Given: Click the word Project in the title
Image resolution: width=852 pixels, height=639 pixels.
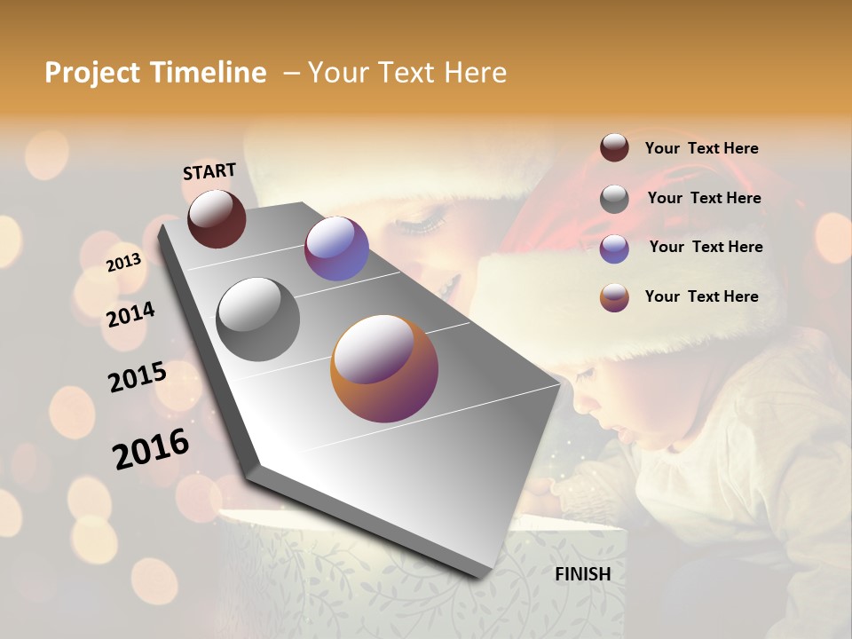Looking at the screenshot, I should click(x=91, y=73).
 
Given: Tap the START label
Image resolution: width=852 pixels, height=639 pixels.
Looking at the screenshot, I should click(x=209, y=171).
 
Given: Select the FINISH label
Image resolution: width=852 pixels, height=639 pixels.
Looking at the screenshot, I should click(x=583, y=574).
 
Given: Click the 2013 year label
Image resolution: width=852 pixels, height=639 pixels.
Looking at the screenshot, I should click(x=124, y=263).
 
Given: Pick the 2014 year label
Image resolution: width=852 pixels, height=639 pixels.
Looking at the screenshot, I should click(x=131, y=314).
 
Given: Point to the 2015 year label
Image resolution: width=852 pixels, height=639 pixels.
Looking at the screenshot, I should click(x=138, y=377).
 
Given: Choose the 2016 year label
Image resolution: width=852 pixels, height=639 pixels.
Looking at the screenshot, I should click(x=151, y=449).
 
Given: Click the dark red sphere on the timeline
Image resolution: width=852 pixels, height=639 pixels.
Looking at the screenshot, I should click(x=217, y=218).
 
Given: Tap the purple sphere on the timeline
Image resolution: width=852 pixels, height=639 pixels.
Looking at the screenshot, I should click(x=336, y=248).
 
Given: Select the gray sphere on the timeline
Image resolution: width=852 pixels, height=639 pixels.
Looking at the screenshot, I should click(x=258, y=319).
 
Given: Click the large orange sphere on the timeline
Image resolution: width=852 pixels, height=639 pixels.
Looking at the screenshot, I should click(x=384, y=368).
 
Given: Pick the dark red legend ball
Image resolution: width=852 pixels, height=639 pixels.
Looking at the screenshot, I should click(x=614, y=148).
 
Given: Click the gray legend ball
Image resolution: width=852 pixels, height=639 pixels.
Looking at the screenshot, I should click(x=614, y=198).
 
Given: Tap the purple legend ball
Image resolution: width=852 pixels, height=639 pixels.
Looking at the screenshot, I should click(x=614, y=248).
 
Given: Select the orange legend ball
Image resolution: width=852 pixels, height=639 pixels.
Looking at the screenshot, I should click(x=614, y=297).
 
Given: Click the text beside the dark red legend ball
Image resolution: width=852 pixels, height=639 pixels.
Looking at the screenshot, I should click(x=702, y=149).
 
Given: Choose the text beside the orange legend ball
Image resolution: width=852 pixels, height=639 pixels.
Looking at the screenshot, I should click(x=702, y=296).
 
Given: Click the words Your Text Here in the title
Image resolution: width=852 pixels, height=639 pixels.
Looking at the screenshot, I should click(x=407, y=73).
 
